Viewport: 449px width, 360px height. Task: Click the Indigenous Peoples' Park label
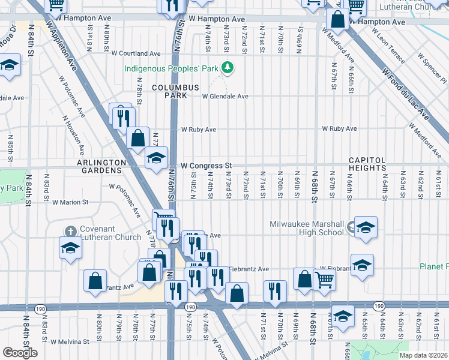pos(170,68)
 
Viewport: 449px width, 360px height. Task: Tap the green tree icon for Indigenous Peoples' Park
pos(226,68)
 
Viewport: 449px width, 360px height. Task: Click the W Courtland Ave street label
pos(139,53)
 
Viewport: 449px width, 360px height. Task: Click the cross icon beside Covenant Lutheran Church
pos(70,231)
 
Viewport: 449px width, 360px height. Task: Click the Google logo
pos(20,353)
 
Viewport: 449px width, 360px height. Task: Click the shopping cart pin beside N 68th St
pos(324,279)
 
